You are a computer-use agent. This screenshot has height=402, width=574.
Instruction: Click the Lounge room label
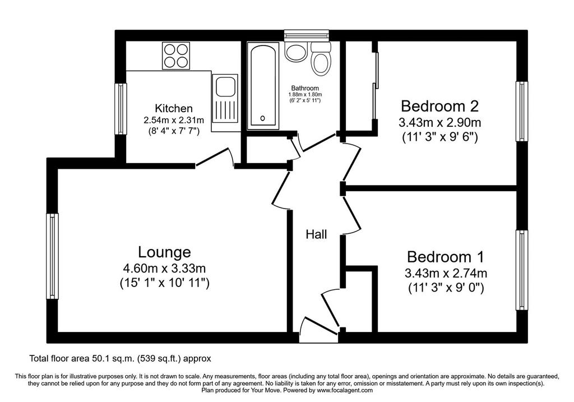pyautogui.click(x=164, y=252)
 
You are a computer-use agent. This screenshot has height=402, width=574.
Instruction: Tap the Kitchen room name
pyautogui.click(x=174, y=108)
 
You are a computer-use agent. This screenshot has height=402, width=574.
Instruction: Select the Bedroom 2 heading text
pyautogui.click(x=439, y=106)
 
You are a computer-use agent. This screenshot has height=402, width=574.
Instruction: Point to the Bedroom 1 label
pyautogui.click(x=446, y=257)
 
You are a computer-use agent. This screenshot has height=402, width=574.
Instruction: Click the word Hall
pyautogui.click(x=316, y=234)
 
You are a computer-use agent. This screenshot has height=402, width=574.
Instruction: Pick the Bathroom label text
pyautogui.click(x=305, y=88)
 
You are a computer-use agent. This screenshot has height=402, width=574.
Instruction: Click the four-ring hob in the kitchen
pyautogui.click(x=176, y=56)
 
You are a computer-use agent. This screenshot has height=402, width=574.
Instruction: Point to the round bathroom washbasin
pyautogui.click(x=294, y=53)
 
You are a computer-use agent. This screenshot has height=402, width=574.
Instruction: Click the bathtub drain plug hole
pyautogui.click(x=263, y=118)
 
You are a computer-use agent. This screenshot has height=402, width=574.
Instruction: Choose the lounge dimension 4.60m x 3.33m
pyautogui.click(x=164, y=269)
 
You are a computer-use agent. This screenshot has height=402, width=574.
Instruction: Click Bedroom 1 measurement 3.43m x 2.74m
pyautogui.click(x=446, y=273)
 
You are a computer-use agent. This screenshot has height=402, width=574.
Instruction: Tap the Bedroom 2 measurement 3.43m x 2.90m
pyautogui.click(x=439, y=122)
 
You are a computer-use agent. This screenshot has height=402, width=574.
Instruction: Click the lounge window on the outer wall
pyautogui.click(x=52, y=256)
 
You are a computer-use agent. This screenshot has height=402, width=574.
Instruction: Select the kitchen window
pyautogui.click(x=121, y=109)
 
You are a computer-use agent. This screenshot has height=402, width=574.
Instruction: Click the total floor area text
pyautogui.click(x=120, y=358)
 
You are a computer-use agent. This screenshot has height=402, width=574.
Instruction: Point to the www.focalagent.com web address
pyautogui.click(x=345, y=390)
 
